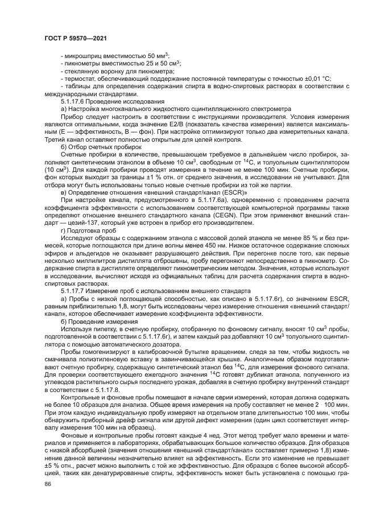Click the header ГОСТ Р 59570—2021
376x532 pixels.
pyautogui.click(x=75, y=38)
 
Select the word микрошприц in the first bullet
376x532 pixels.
pyautogui.click(x=83, y=56)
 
